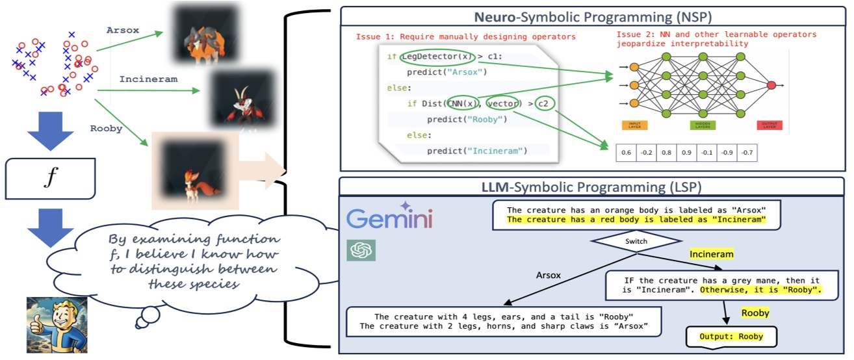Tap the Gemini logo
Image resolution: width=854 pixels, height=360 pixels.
click(x=389, y=218)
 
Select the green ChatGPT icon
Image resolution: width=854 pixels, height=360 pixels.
click(x=361, y=251)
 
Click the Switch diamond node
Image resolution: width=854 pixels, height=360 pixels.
click(x=636, y=240)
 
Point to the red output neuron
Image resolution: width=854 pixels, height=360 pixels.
click(x=771, y=85)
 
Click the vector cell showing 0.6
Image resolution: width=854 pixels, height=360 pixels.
click(x=625, y=153)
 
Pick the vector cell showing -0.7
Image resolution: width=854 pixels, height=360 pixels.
click(x=747, y=153)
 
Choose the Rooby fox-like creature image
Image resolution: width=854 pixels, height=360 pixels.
click(x=194, y=170)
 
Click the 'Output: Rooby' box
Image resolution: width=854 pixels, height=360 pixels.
click(x=731, y=337)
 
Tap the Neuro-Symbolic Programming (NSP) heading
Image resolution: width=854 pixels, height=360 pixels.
click(x=591, y=16)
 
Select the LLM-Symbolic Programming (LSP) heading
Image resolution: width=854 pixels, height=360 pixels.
click(x=591, y=188)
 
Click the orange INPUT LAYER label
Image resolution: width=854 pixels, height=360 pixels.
click(x=634, y=125)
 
